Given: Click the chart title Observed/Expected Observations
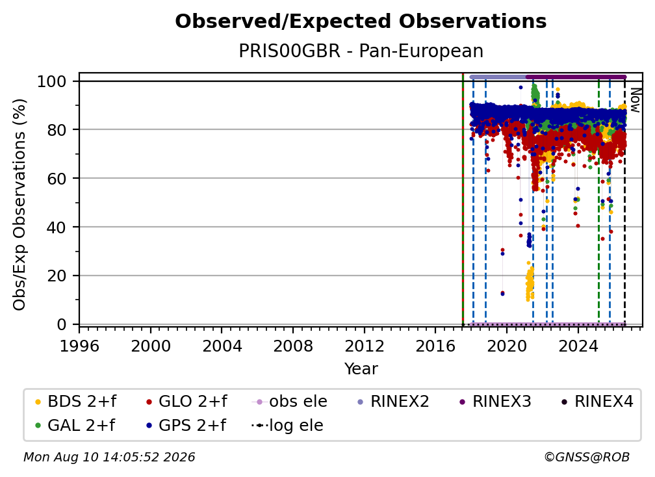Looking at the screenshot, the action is coord(361,21).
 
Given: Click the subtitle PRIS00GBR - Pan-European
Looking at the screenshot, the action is coord(361,51).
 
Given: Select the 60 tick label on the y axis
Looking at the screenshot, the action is coord(57,178).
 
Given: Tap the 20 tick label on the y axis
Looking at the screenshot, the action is coord(57,276).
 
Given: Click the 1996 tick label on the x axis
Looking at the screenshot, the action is coord(79,346).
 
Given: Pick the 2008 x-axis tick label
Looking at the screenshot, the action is coord(293,346).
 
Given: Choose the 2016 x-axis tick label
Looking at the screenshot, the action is coord(435,346).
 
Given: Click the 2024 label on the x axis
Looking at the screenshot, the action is coord(578,346).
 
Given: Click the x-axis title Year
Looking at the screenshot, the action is coord(361,369).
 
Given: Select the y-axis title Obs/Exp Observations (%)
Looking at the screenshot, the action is coord(19,204).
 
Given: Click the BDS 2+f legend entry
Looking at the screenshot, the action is coord(75,402).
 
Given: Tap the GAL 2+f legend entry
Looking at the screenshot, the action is coord(75,425).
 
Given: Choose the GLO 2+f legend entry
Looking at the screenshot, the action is coord(186,402).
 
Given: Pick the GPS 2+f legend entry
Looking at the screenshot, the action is coord(185,425).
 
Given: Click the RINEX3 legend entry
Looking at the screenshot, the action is coord(495,402).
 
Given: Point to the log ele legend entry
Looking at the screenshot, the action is coord(287,425).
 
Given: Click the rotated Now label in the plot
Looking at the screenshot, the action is coord(635,100).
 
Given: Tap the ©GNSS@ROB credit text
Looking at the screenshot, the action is coord(587,458).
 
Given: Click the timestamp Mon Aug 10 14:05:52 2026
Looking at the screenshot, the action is coord(109,458).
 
